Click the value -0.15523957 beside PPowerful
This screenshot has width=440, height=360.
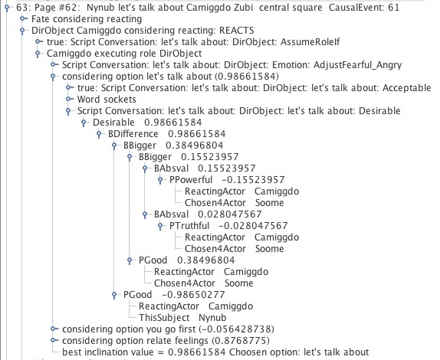tap(253, 180)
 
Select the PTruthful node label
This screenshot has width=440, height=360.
tap(189, 226)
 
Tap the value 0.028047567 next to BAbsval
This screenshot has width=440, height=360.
tap(230, 214)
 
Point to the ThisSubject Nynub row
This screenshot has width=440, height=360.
tap(182, 318)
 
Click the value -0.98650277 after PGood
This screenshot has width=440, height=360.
tap(193, 295)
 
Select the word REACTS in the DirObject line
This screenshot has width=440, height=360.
tap(237, 31)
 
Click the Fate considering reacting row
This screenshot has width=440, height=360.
tap(87, 19)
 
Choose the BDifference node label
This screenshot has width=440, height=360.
tap(133, 134)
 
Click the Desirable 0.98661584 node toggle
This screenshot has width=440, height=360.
tap(84, 123)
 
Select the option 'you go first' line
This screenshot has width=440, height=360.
tap(168, 329)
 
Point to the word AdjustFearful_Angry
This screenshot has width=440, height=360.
tap(357, 65)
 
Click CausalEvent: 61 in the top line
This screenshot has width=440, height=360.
tap(364, 8)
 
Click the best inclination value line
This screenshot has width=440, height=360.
tap(215, 352)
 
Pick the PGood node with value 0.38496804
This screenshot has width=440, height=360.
tap(153, 260)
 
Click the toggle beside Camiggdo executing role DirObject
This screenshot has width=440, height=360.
tap(38, 54)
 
